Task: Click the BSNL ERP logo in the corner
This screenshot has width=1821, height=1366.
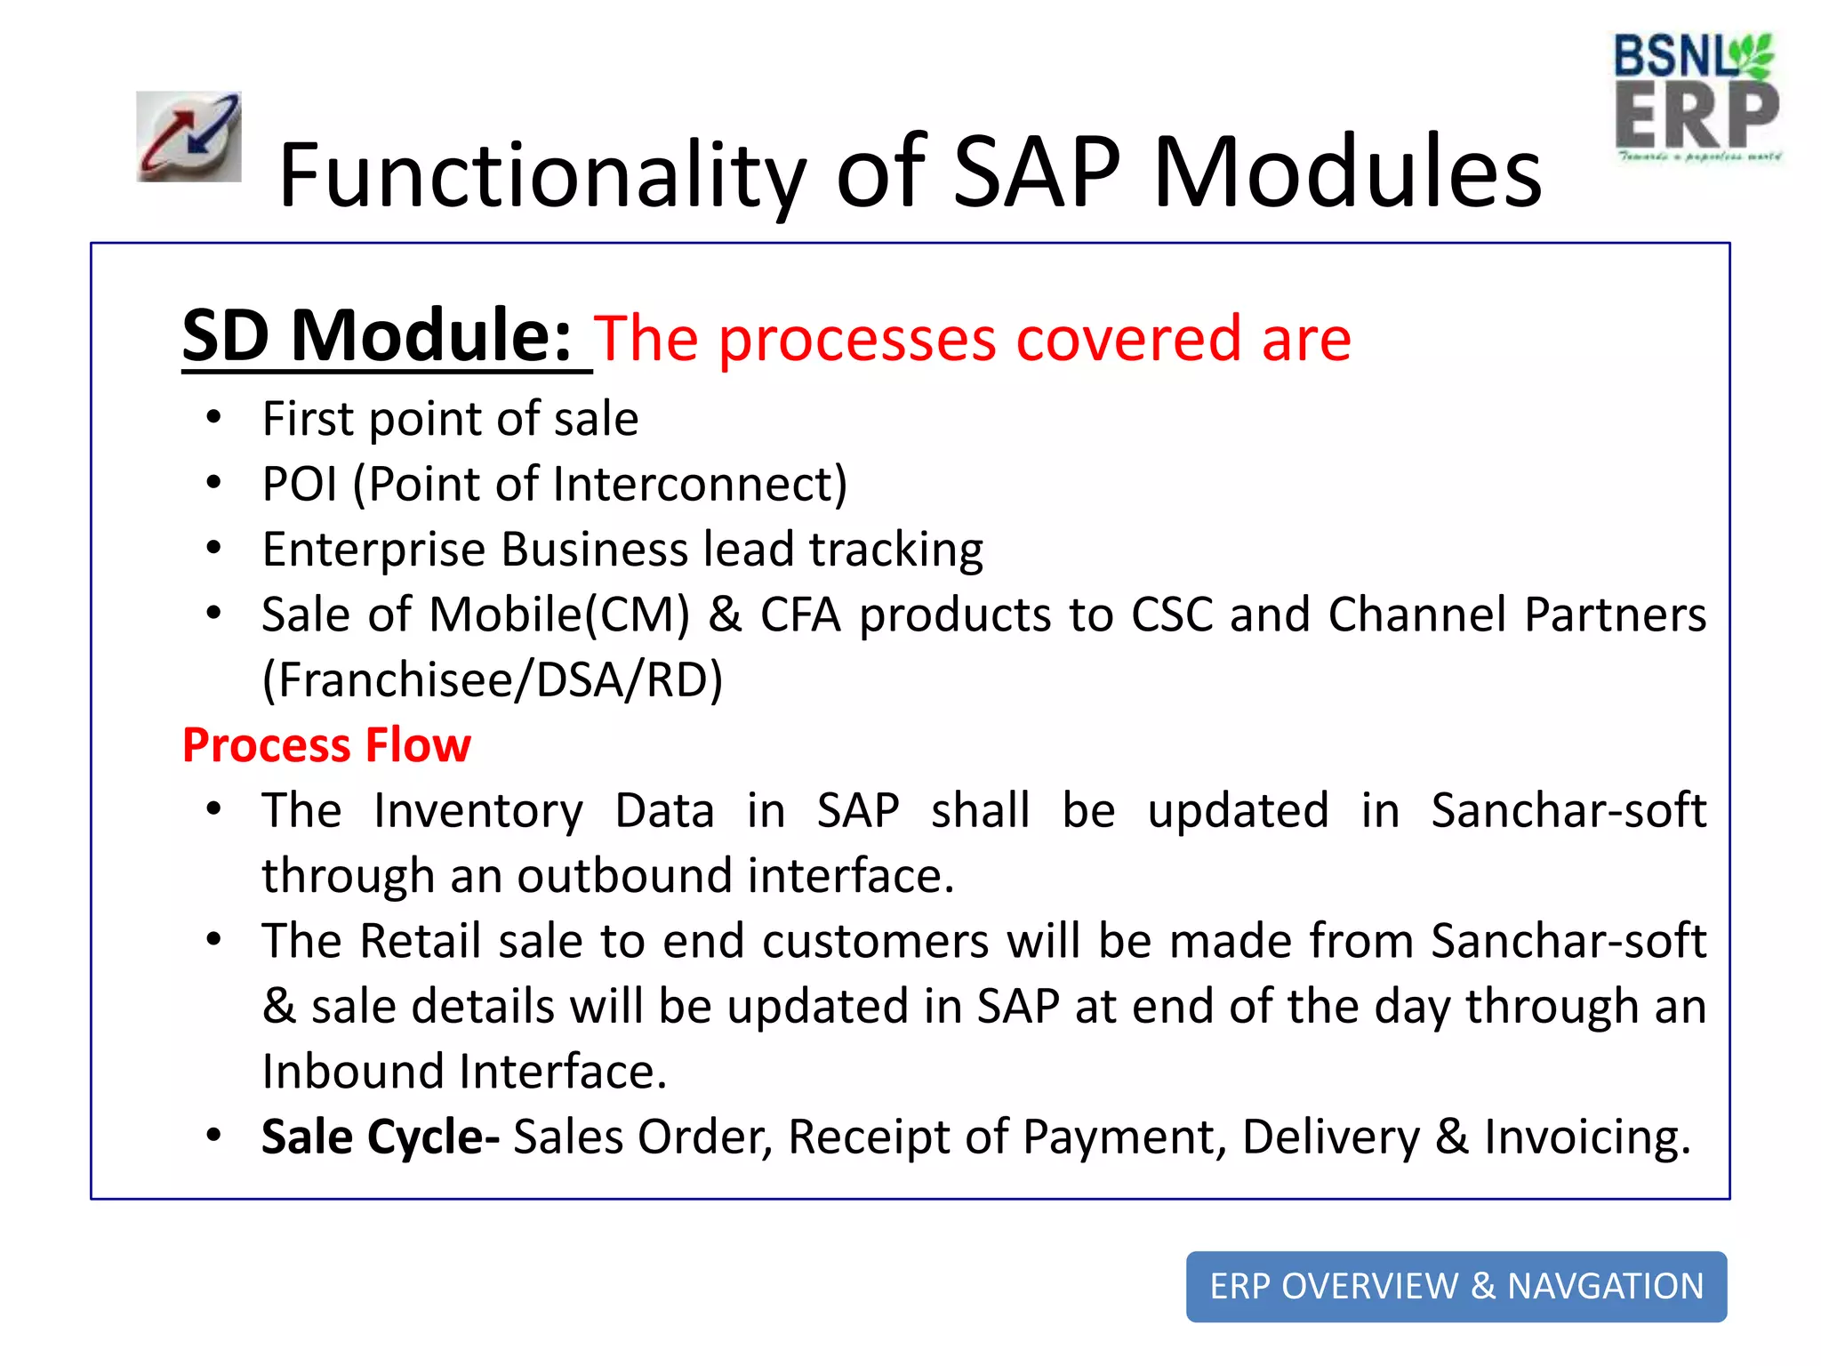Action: pos(1697,98)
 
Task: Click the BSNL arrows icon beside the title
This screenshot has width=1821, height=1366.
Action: pos(189,137)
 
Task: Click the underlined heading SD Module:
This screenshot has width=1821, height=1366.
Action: pos(378,336)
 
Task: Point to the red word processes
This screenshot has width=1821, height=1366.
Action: pos(857,340)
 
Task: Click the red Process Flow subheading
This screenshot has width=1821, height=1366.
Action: pos(326,745)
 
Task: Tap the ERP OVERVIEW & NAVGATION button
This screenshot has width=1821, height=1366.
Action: pos(1456,1286)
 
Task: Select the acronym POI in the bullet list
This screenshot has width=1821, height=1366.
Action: pos(300,485)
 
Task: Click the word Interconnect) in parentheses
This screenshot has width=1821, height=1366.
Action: pos(700,485)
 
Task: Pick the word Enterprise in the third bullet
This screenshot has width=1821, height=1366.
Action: pos(373,550)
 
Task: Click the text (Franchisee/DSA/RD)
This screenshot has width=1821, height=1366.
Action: pos(493,680)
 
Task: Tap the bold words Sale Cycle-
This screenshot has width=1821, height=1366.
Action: pos(380,1137)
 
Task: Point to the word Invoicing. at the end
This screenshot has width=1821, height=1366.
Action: pos(1586,1137)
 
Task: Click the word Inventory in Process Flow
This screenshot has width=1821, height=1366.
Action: pos(477,811)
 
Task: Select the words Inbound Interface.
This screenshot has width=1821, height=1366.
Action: pos(463,1072)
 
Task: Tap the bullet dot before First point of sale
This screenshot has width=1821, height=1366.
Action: pos(213,417)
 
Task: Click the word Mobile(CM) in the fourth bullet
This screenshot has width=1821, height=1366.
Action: pos(559,615)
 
